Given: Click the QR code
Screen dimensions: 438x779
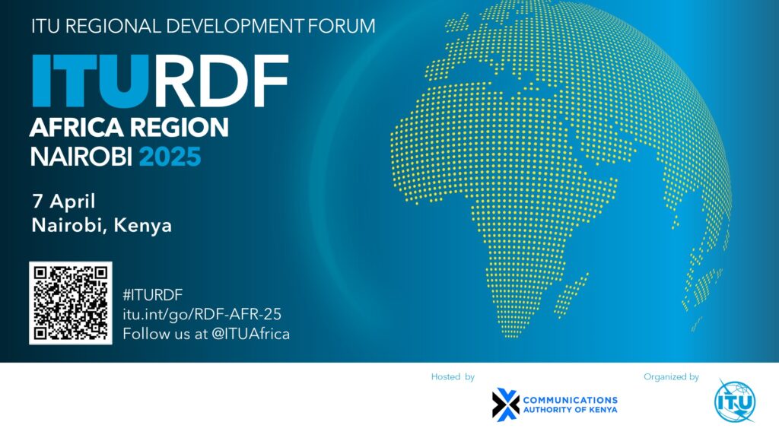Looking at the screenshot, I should (x=71, y=303).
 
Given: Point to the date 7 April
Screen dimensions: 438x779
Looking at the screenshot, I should (x=63, y=202).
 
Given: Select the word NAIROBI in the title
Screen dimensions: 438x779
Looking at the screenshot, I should (x=81, y=157).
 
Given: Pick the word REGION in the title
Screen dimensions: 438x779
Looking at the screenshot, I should (x=180, y=127).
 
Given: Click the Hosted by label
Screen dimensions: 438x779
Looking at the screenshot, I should (x=453, y=376).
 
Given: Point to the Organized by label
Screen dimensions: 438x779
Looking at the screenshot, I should (x=671, y=376).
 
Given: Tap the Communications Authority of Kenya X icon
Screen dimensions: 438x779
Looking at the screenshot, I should (x=505, y=404).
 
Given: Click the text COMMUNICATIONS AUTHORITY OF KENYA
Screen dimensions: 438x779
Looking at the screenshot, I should (x=571, y=405).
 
